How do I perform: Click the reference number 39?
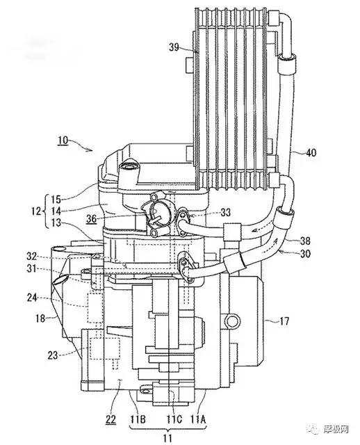[x=174, y=47]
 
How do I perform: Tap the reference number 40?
[x=311, y=153]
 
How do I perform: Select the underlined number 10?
[x=63, y=140]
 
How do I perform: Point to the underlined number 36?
[x=91, y=219]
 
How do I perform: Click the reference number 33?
[x=225, y=212]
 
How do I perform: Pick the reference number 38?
[x=305, y=241]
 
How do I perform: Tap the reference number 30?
[x=305, y=253]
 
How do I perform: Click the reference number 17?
[x=284, y=321]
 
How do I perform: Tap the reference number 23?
[x=53, y=355]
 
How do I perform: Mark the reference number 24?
[x=32, y=298]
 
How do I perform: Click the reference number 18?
[x=40, y=318]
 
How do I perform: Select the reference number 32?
[x=31, y=257]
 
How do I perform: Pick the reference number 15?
[x=56, y=200]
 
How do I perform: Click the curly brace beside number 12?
[x=44, y=211]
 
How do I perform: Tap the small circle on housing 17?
[x=232, y=321]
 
